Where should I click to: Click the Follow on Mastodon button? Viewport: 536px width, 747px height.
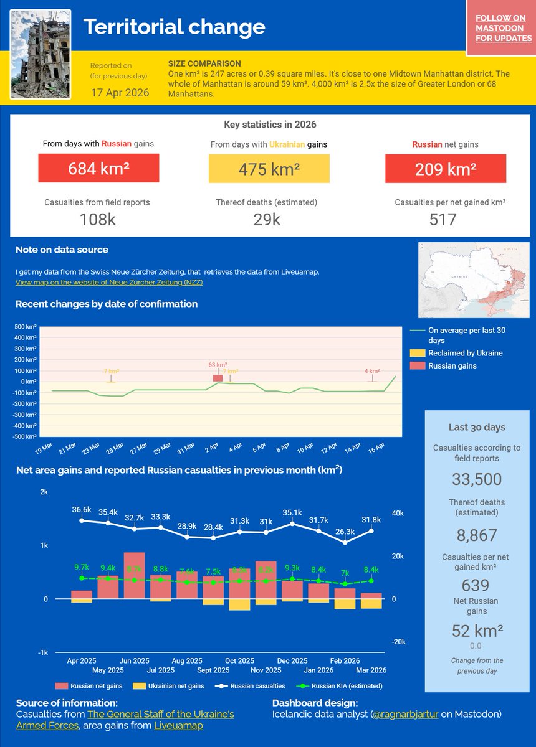coord(504,29)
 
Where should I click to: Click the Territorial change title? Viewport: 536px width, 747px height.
coord(174,27)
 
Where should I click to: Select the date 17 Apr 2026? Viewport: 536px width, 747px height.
coord(120,93)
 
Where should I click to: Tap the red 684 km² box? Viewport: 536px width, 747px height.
coord(98,168)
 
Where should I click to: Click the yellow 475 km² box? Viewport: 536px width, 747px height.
coord(269,169)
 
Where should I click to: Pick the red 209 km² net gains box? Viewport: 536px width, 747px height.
coord(445,168)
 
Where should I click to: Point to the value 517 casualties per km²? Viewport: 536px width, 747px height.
coord(443,219)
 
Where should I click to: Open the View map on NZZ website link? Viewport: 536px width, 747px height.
coord(109,282)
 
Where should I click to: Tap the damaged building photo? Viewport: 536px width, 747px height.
coord(41,54)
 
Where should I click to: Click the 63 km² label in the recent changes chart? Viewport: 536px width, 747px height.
coord(218,365)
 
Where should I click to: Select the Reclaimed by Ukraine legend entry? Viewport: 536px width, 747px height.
coord(464,353)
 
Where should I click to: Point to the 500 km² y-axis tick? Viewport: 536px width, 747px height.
coord(26,327)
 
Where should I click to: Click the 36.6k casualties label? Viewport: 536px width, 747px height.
coord(82,509)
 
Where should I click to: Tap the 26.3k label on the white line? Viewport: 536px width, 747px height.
coord(345,532)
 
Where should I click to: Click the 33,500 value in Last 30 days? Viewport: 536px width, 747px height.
coord(477,479)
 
